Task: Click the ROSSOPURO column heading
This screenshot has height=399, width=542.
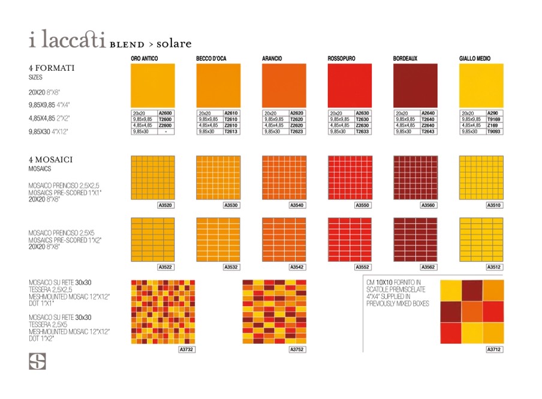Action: tap(341, 59)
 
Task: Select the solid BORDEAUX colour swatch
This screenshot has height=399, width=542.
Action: tap(415, 85)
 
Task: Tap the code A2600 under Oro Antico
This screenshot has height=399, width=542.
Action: tap(165, 113)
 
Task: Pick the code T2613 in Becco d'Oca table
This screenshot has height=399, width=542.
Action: tap(231, 131)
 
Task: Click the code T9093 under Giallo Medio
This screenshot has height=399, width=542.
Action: tap(494, 131)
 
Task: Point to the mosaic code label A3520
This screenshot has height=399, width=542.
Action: tap(165, 205)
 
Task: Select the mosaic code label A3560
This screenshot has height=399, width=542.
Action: tap(428, 205)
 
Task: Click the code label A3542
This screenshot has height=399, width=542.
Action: tap(297, 267)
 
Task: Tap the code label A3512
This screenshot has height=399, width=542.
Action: tap(493, 267)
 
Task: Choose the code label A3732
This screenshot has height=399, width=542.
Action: tap(187, 349)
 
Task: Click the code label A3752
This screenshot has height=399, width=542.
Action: tap(297, 349)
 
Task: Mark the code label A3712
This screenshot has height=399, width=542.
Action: tap(493, 349)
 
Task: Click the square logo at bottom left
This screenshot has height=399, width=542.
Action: tap(37, 361)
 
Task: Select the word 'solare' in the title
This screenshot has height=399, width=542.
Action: tap(174, 44)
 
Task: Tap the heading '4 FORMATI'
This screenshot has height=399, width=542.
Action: tap(52, 68)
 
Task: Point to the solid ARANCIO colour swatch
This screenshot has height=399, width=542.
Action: tap(284, 85)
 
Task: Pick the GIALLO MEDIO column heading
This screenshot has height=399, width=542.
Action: tap(474, 59)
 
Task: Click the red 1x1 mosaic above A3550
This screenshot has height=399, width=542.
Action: tap(350, 178)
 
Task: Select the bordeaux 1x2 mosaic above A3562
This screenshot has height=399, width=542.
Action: tap(415, 239)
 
